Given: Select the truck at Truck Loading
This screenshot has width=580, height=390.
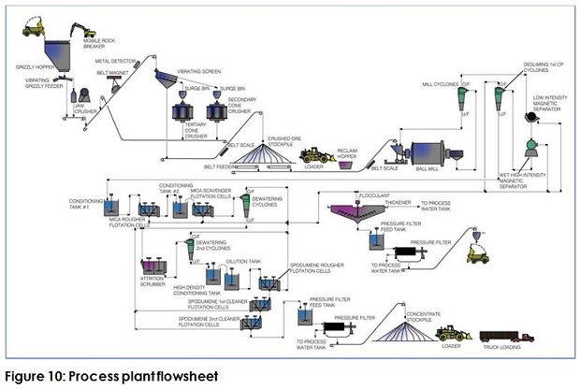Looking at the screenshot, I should pos(506,336).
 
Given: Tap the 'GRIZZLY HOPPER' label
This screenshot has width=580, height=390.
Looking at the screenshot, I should pos(35,66).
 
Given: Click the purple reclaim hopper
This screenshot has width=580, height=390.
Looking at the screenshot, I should pos(345,165).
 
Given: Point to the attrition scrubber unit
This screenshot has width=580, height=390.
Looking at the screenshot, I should pos(153,267).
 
